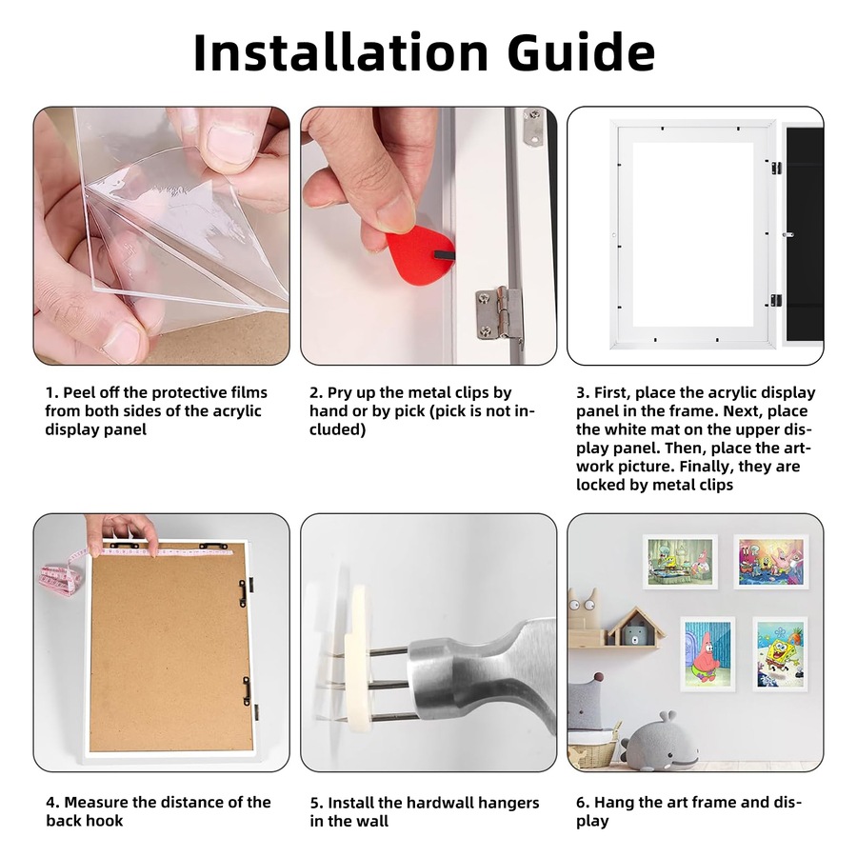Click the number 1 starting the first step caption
pyautogui.click(x=50, y=392)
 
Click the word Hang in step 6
pyautogui.click(x=615, y=803)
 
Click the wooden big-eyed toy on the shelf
pyautogui.click(x=582, y=609)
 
